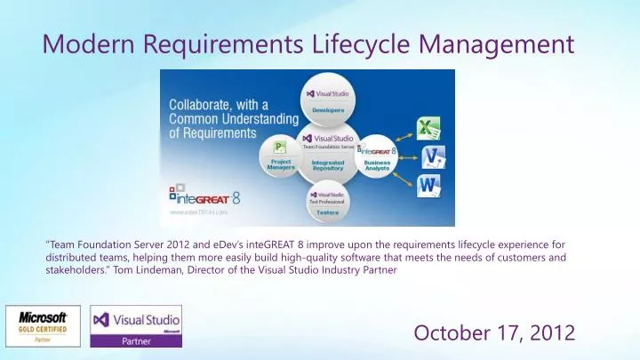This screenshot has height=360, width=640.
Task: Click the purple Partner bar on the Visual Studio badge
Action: [x=136, y=340]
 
